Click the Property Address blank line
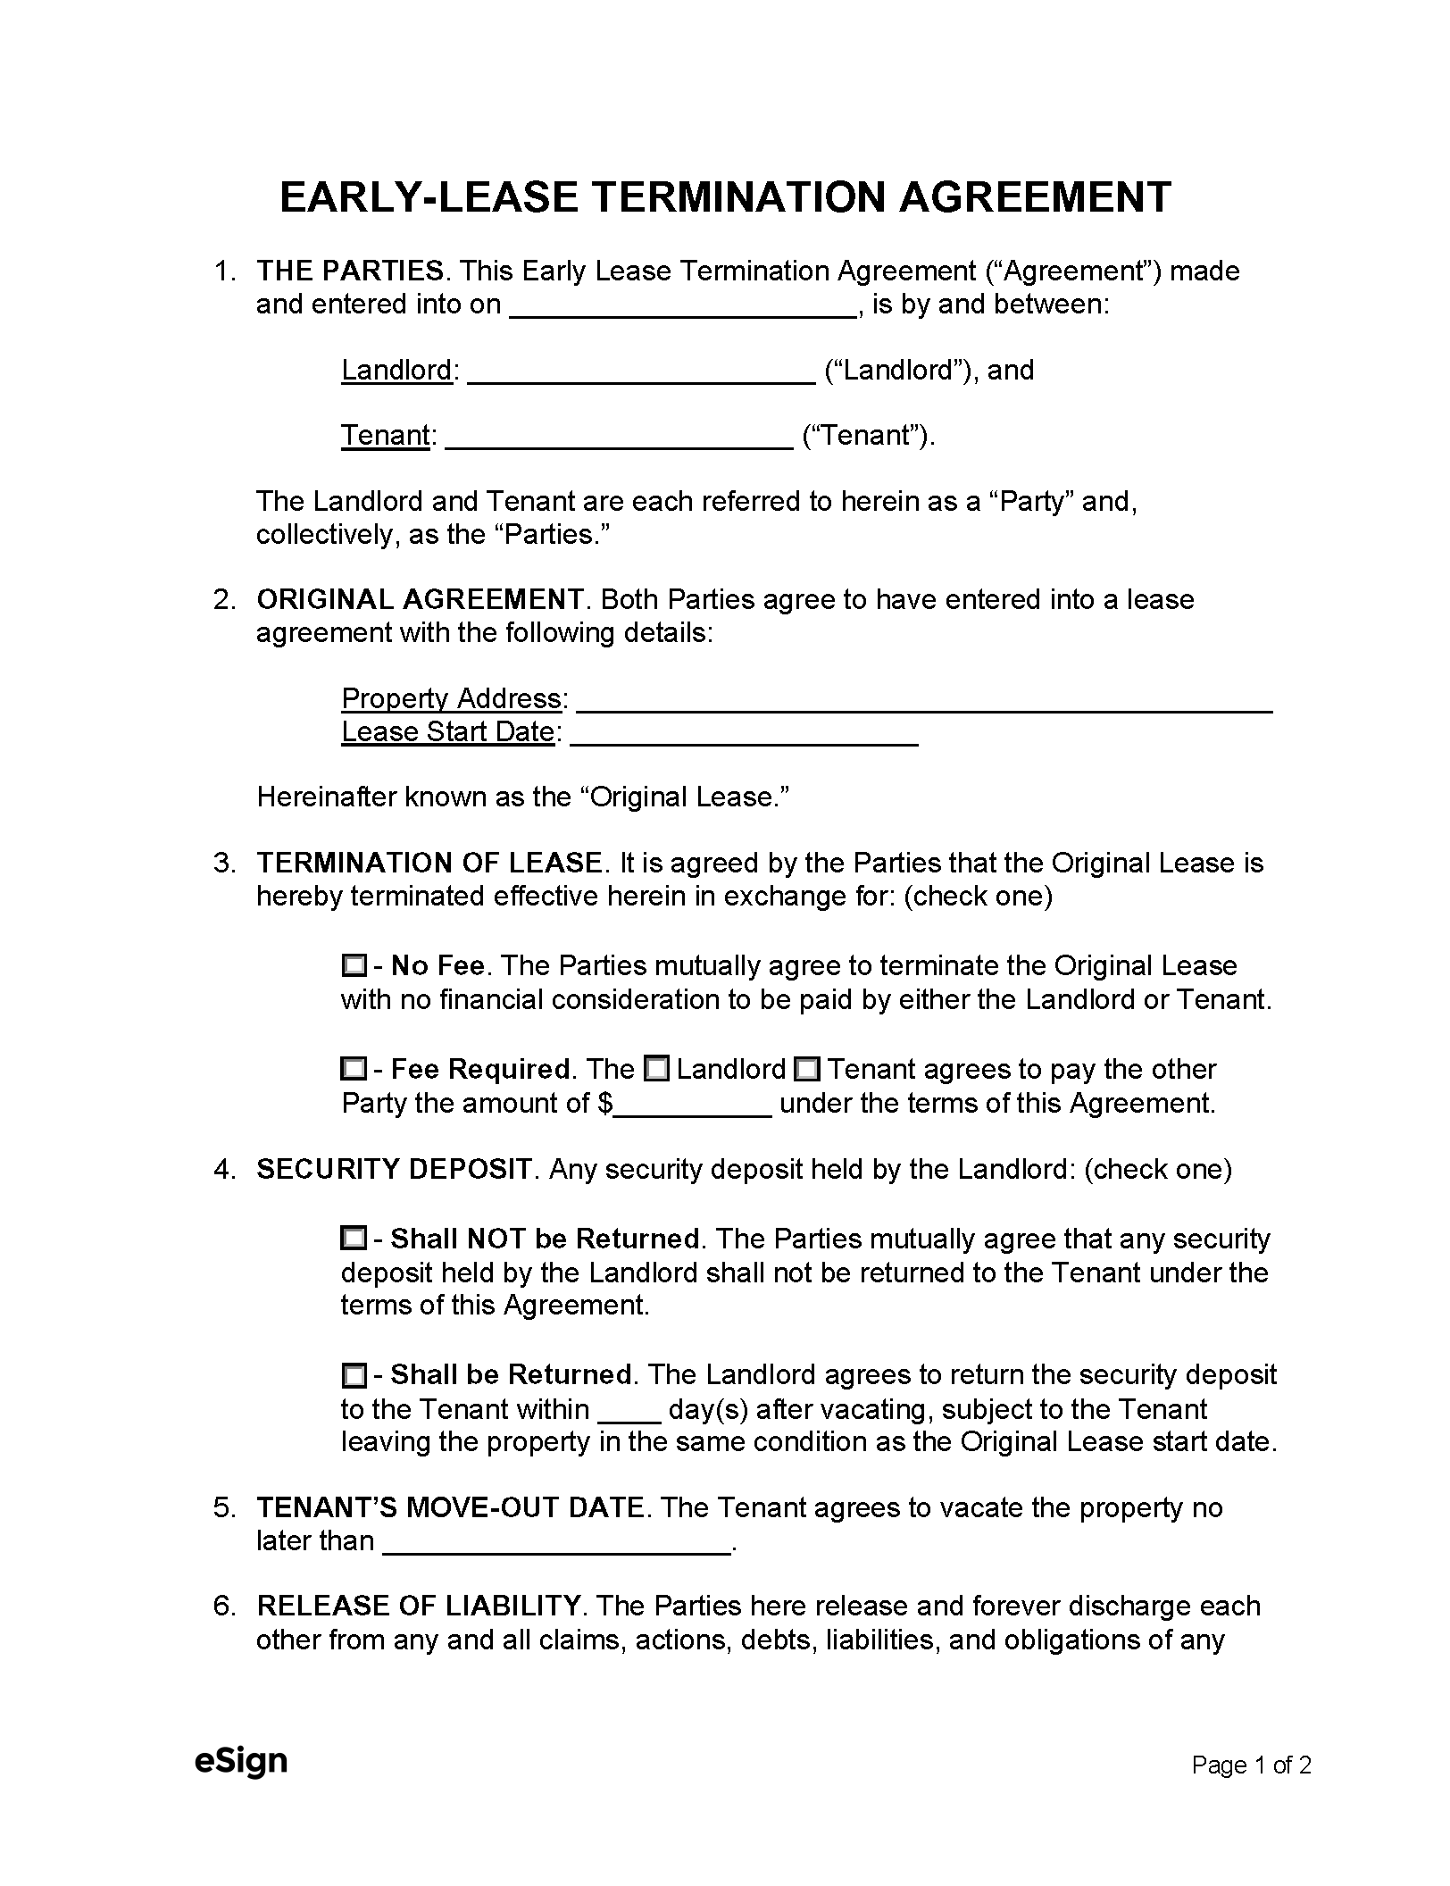[x=924, y=702]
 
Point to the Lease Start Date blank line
[x=744, y=735]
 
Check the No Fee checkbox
[x=354, y=965]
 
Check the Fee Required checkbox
[x=354, y=1069]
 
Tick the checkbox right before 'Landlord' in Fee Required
[x=657, y=1069]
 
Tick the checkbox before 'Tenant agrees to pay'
[x=807, y=1069]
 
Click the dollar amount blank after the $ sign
[x=694, y=1106]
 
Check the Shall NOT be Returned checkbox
[x=354, y=1239]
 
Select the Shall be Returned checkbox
[x=354, y=1375]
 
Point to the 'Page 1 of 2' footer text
[x=1251, y=1765]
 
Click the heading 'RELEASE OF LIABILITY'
[x=419, y=1606]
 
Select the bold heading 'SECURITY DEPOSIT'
[x=394, y=1169]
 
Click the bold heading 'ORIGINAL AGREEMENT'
[x=420, y=599]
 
